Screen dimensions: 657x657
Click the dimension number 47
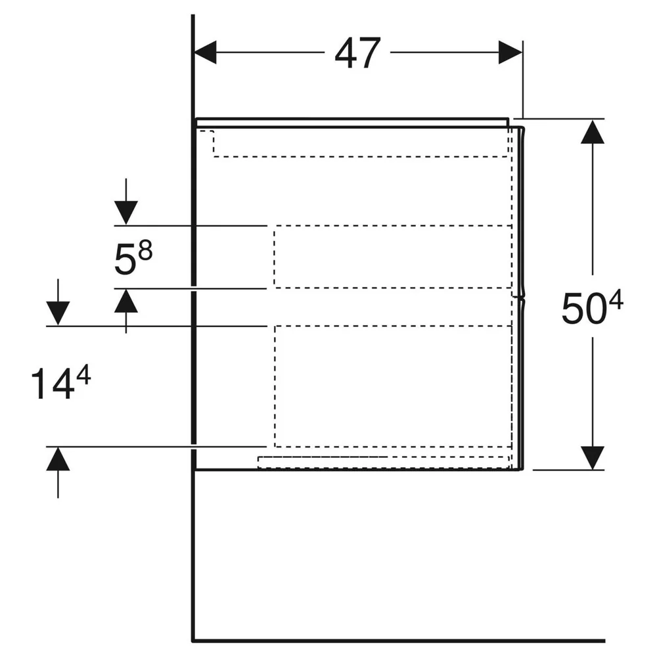358,53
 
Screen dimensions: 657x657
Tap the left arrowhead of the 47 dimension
205,53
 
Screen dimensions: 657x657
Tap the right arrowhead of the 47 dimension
510,53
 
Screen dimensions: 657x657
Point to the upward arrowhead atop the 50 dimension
593,131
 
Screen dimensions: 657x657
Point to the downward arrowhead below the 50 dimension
593,458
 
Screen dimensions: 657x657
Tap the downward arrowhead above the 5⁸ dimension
126,213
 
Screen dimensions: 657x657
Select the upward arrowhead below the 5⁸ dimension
126,301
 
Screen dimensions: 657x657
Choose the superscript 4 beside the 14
83,375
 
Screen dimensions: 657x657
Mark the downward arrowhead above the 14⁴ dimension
58,313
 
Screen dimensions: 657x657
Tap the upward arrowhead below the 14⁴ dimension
58,459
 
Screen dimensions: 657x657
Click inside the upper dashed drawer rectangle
393,256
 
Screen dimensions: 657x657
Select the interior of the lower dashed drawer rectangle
393,386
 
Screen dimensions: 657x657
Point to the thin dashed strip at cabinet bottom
383,462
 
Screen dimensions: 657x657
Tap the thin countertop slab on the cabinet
352,122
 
